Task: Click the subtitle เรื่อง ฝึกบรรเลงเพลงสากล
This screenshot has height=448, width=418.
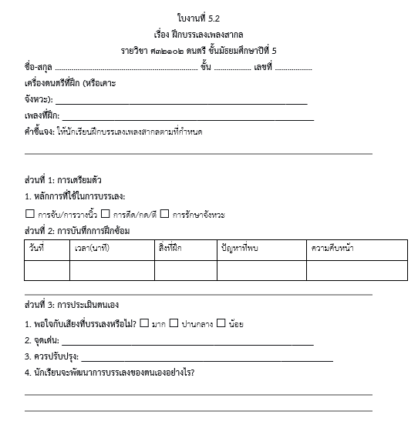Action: pyautogui.click(x=209, y=35)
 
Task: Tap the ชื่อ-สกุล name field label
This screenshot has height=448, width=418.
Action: pyautogui.click(x=39, y=67)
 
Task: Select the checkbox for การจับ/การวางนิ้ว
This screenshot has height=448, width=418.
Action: pyautogui.click(x=30, y=213)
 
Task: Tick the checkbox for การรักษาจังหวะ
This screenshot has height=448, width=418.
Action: pyautogui.click(x=164, y=213)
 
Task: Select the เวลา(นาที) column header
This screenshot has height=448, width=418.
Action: pyautogui.click(x=92, y=247)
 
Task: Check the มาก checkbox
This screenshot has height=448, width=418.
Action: pyautogui.click(x=144, y=323)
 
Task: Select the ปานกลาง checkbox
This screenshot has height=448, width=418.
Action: pyautogui.click(x=174, y=323)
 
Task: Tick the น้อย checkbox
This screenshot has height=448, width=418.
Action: pyautogui.click(x=221, y=323)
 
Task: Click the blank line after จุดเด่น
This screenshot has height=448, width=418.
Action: pyautogui.click(x=187, y=344)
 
